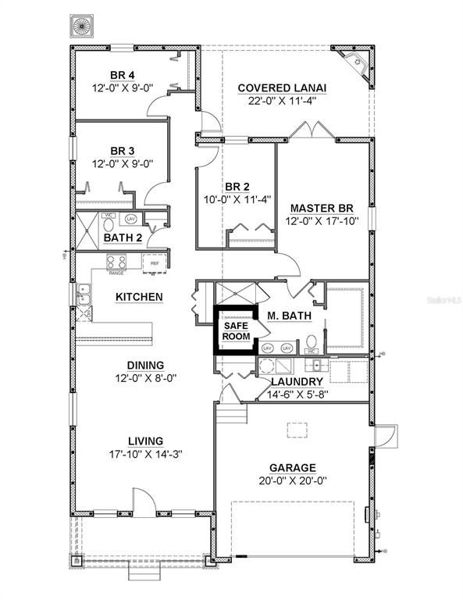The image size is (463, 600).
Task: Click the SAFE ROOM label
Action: [x=236, y=330]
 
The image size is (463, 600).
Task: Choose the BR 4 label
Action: [x=121, y=75]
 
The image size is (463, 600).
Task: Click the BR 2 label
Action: [x=237, y=187]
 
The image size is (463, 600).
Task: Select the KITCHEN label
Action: [x=139, y=297]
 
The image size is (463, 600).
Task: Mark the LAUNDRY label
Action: [x=297, y=381]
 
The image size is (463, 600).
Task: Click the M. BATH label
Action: [x=290, y=316]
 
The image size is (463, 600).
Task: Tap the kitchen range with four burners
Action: [x=116, y=262]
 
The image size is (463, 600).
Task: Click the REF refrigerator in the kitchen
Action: [x=155, y=263]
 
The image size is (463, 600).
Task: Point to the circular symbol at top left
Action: [x=82, y=26]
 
